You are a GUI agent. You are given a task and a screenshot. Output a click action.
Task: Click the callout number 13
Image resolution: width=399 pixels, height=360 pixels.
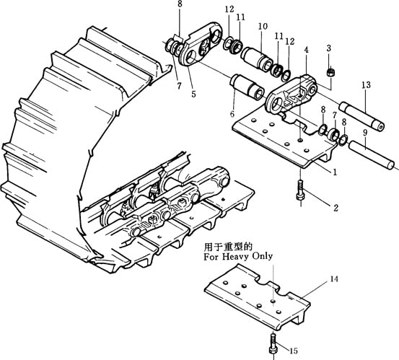click(366, 85)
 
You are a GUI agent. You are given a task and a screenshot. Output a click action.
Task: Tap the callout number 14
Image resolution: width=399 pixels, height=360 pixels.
click(334, 279)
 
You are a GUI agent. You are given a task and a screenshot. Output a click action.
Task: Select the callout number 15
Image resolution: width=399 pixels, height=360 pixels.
click(294, 351)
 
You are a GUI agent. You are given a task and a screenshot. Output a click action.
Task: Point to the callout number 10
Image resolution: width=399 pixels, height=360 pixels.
click(263, 26)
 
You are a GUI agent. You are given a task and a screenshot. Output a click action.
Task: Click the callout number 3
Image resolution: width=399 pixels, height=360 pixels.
click(329, 48)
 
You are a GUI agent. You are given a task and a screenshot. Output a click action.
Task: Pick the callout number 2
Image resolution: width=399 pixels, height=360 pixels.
click(336, 208)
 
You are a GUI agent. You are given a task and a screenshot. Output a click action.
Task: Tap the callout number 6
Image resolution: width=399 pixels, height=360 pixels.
click(232, 114)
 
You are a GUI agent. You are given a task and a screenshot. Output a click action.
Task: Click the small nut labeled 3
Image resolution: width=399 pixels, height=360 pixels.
click(330, 71)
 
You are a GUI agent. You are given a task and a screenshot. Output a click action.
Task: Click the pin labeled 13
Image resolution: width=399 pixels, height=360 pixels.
click(362, 117)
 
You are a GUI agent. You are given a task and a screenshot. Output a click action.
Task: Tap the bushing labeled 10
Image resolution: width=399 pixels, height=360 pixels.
click(257, 58)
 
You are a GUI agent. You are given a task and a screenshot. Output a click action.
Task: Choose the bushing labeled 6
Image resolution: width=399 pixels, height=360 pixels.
click(247, 87)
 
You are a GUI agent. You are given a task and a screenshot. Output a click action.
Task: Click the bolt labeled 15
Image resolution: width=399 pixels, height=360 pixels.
click(272, 344)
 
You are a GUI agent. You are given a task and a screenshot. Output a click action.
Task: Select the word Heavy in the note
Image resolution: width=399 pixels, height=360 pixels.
click(236, 256)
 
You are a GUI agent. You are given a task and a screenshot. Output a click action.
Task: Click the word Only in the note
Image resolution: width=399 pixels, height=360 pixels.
click(262, 255)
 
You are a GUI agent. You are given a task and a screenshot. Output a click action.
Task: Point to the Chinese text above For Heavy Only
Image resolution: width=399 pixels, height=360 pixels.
click(228, 247)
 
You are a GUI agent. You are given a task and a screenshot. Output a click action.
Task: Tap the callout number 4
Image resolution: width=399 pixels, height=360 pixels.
click(306, 50)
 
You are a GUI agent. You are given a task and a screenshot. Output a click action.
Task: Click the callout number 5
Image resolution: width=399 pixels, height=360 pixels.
click(193, 94)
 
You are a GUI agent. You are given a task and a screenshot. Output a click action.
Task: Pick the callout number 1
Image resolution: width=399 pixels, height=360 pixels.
click(335, 172)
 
